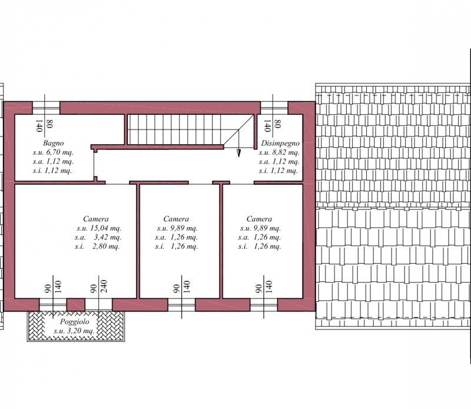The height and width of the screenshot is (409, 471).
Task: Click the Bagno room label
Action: pyautogui.click(x=53, y=143)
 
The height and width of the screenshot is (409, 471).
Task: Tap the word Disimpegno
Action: pyautogui.click(x=280, y=143)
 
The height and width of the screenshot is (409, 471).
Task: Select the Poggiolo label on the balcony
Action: pyautogui.click(x=75, y=322)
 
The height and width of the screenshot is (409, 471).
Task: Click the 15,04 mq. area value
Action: pyautogui.click(x=105, y=228)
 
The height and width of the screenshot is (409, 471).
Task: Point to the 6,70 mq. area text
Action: pyautogui.click(x=60, y=152)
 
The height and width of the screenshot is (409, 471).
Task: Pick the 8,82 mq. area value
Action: pyautogui.click(x=286, y=152)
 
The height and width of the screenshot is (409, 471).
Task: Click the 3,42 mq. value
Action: pyautogui.click(x=108, y=237)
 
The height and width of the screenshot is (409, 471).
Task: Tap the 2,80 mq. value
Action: pyautogui.click(x=107, y=246)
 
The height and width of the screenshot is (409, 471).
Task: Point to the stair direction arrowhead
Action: pyautogui.click(x=239, y=153)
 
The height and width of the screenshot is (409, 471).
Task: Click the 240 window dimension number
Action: pyautogui.click(x=104, y=287)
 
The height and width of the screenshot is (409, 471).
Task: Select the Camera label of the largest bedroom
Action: pyautogui.click(x=96, y=219)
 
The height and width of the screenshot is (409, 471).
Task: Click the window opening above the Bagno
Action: pyautogui.click(x=46, y=108)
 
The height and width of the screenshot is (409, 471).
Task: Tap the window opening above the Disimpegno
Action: pyautogui.click(x=274, y=108)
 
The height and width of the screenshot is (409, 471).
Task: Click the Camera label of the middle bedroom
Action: pyautogui.click(x=176, y=219)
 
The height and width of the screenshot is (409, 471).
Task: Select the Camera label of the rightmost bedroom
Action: pyautogui.click(x=259, y=219)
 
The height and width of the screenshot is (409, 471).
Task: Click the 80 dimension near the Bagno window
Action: pyautogui.click(x=49, y=124)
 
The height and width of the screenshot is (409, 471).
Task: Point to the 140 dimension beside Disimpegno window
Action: pyautogui.click(x=267, y=126)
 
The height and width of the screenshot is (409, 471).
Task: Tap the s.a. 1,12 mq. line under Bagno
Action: pyautogui.click(x=53, y=161)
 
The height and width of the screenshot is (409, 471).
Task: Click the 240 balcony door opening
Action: pyautogui.click(x=98, y=305)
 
